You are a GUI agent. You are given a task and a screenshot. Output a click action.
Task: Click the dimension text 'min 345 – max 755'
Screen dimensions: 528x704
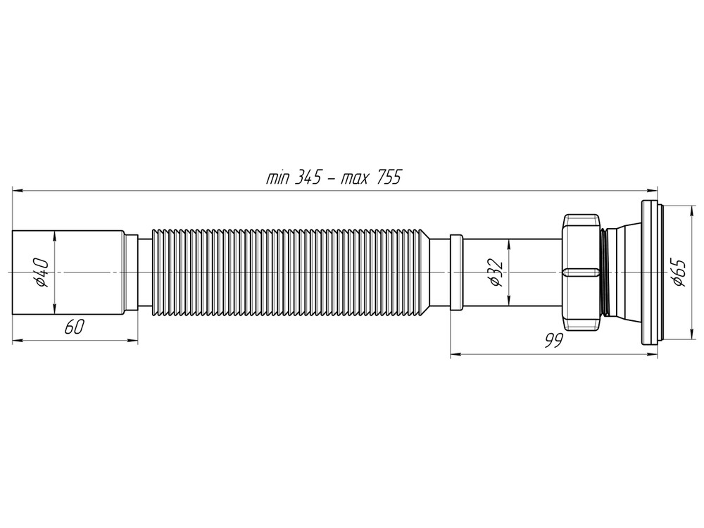(x=333, y=178)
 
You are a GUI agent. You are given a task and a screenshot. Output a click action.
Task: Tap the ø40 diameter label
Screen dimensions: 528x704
(x=42, y=272)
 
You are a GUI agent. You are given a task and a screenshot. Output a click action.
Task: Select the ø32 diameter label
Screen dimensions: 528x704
(x=494, y=272)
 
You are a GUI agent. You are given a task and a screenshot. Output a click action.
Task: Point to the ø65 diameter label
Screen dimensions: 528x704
(x=678, y=272)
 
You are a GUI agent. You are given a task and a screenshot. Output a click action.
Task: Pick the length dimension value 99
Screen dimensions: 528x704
(x=553, y=341)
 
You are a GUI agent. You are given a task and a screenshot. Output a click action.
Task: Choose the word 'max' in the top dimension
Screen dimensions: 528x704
(x=356, y=178)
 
